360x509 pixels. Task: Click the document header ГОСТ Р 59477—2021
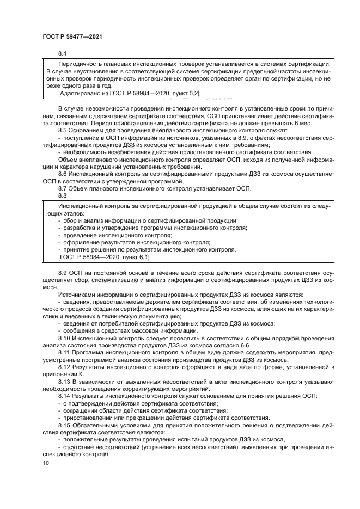click(72, 36)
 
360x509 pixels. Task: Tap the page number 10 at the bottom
click(45, 463)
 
